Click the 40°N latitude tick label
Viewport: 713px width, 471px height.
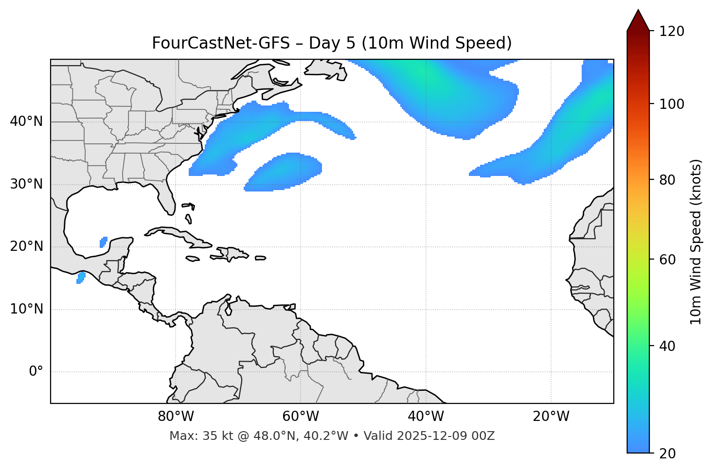pyautogui.click(x=26, y=122)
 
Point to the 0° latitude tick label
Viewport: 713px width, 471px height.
pyautogui.click(x=36, y=372)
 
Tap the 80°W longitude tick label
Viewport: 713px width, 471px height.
pyautogui.click(x=176, y=417)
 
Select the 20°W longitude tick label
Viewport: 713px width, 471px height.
pyautogui.click(x=551, y=417)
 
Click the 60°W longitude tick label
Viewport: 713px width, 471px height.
pyautogui.click(x=301, y=417)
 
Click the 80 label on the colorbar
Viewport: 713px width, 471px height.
pyautogui.click(x=668, y=180)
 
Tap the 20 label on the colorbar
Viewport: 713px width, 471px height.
pyautogui.click(x=668, y=454)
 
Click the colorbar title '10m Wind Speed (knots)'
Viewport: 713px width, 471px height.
pyautogui.click(x=696, y=242)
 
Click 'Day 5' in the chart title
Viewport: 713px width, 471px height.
pyautogui.click(x=333, y=43)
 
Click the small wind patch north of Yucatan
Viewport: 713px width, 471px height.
pyautogui.click(x=104, y=242)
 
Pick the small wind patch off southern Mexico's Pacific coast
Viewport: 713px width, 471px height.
pyautogui.click(x=81, y=278)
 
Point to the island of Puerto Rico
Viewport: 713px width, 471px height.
pyautogui.click(x=261, y=258)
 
